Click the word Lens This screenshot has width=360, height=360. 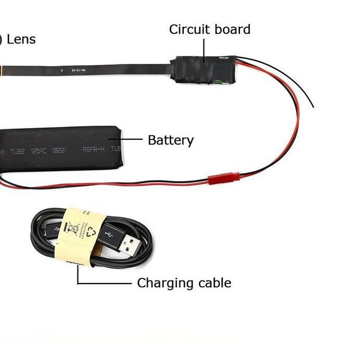[x=21, y=39]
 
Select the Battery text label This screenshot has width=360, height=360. [x=171, y=140]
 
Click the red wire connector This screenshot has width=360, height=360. [x=224, y=178]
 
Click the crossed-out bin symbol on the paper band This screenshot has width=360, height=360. [x=70, y=228]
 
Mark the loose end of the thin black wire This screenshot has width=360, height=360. [x=313, y=107]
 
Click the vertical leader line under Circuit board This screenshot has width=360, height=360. [x=204, y=49]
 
